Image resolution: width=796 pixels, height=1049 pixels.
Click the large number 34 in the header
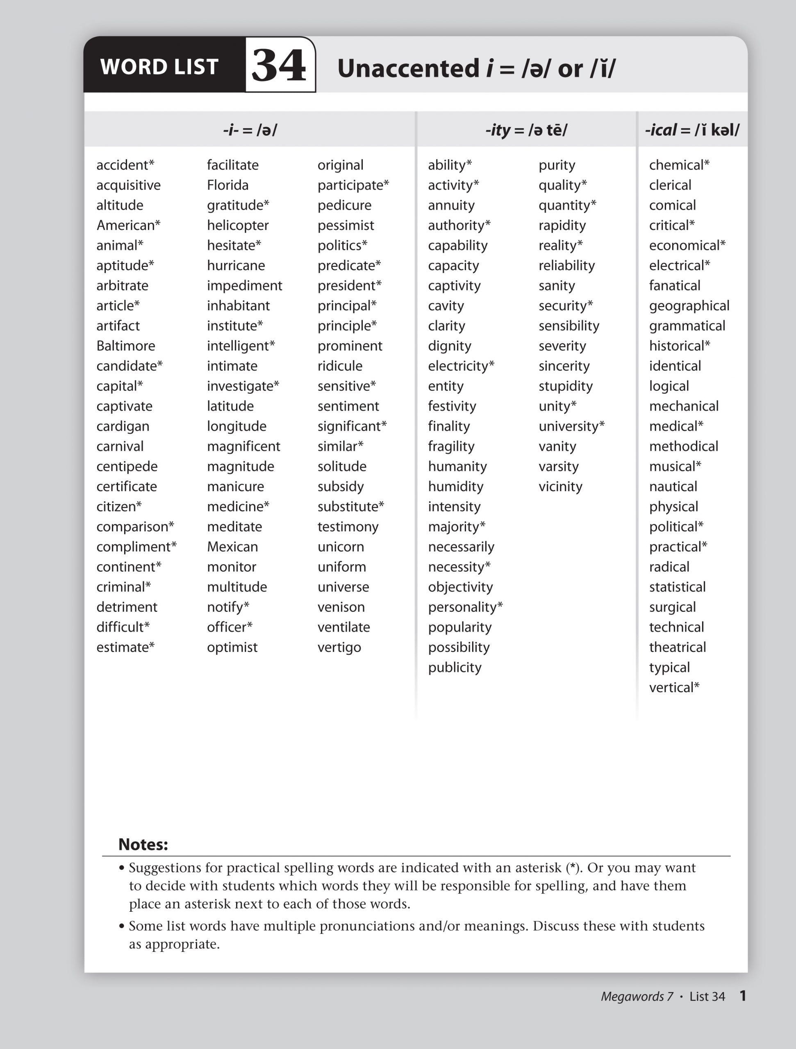tap(280, 66)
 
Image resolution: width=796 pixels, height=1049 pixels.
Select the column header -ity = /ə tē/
tap(526, 129)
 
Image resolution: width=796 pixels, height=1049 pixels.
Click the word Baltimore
tap(126, 346)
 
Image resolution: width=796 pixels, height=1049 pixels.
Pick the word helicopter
tap(238, 225)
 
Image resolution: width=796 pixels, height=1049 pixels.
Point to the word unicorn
tap(341, 547)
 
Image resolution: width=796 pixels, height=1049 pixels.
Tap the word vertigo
tap(339, 647)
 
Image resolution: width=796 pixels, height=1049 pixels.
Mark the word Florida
tap(228, 185)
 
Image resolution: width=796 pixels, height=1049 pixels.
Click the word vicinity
tap(560, 486)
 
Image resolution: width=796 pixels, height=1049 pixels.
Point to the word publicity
tap(455, 667)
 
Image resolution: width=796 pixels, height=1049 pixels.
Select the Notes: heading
tap(143, 845)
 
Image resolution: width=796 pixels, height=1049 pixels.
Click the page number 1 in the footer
tap(743, 996)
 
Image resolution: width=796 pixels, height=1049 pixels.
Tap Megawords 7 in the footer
tap(637, 997)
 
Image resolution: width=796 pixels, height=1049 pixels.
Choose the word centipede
tap(127, 467)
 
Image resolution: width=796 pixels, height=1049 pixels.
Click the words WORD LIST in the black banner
tap(159, 67)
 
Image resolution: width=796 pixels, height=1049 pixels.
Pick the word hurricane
tap(236, 266)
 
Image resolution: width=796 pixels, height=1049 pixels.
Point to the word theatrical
tap(678, 647)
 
